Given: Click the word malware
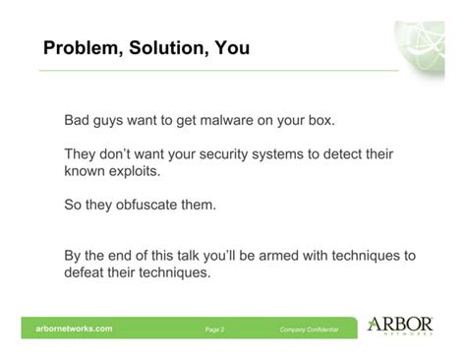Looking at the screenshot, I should (x=242, y=122).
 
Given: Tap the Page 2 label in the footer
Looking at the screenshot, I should (x=214, y=330).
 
